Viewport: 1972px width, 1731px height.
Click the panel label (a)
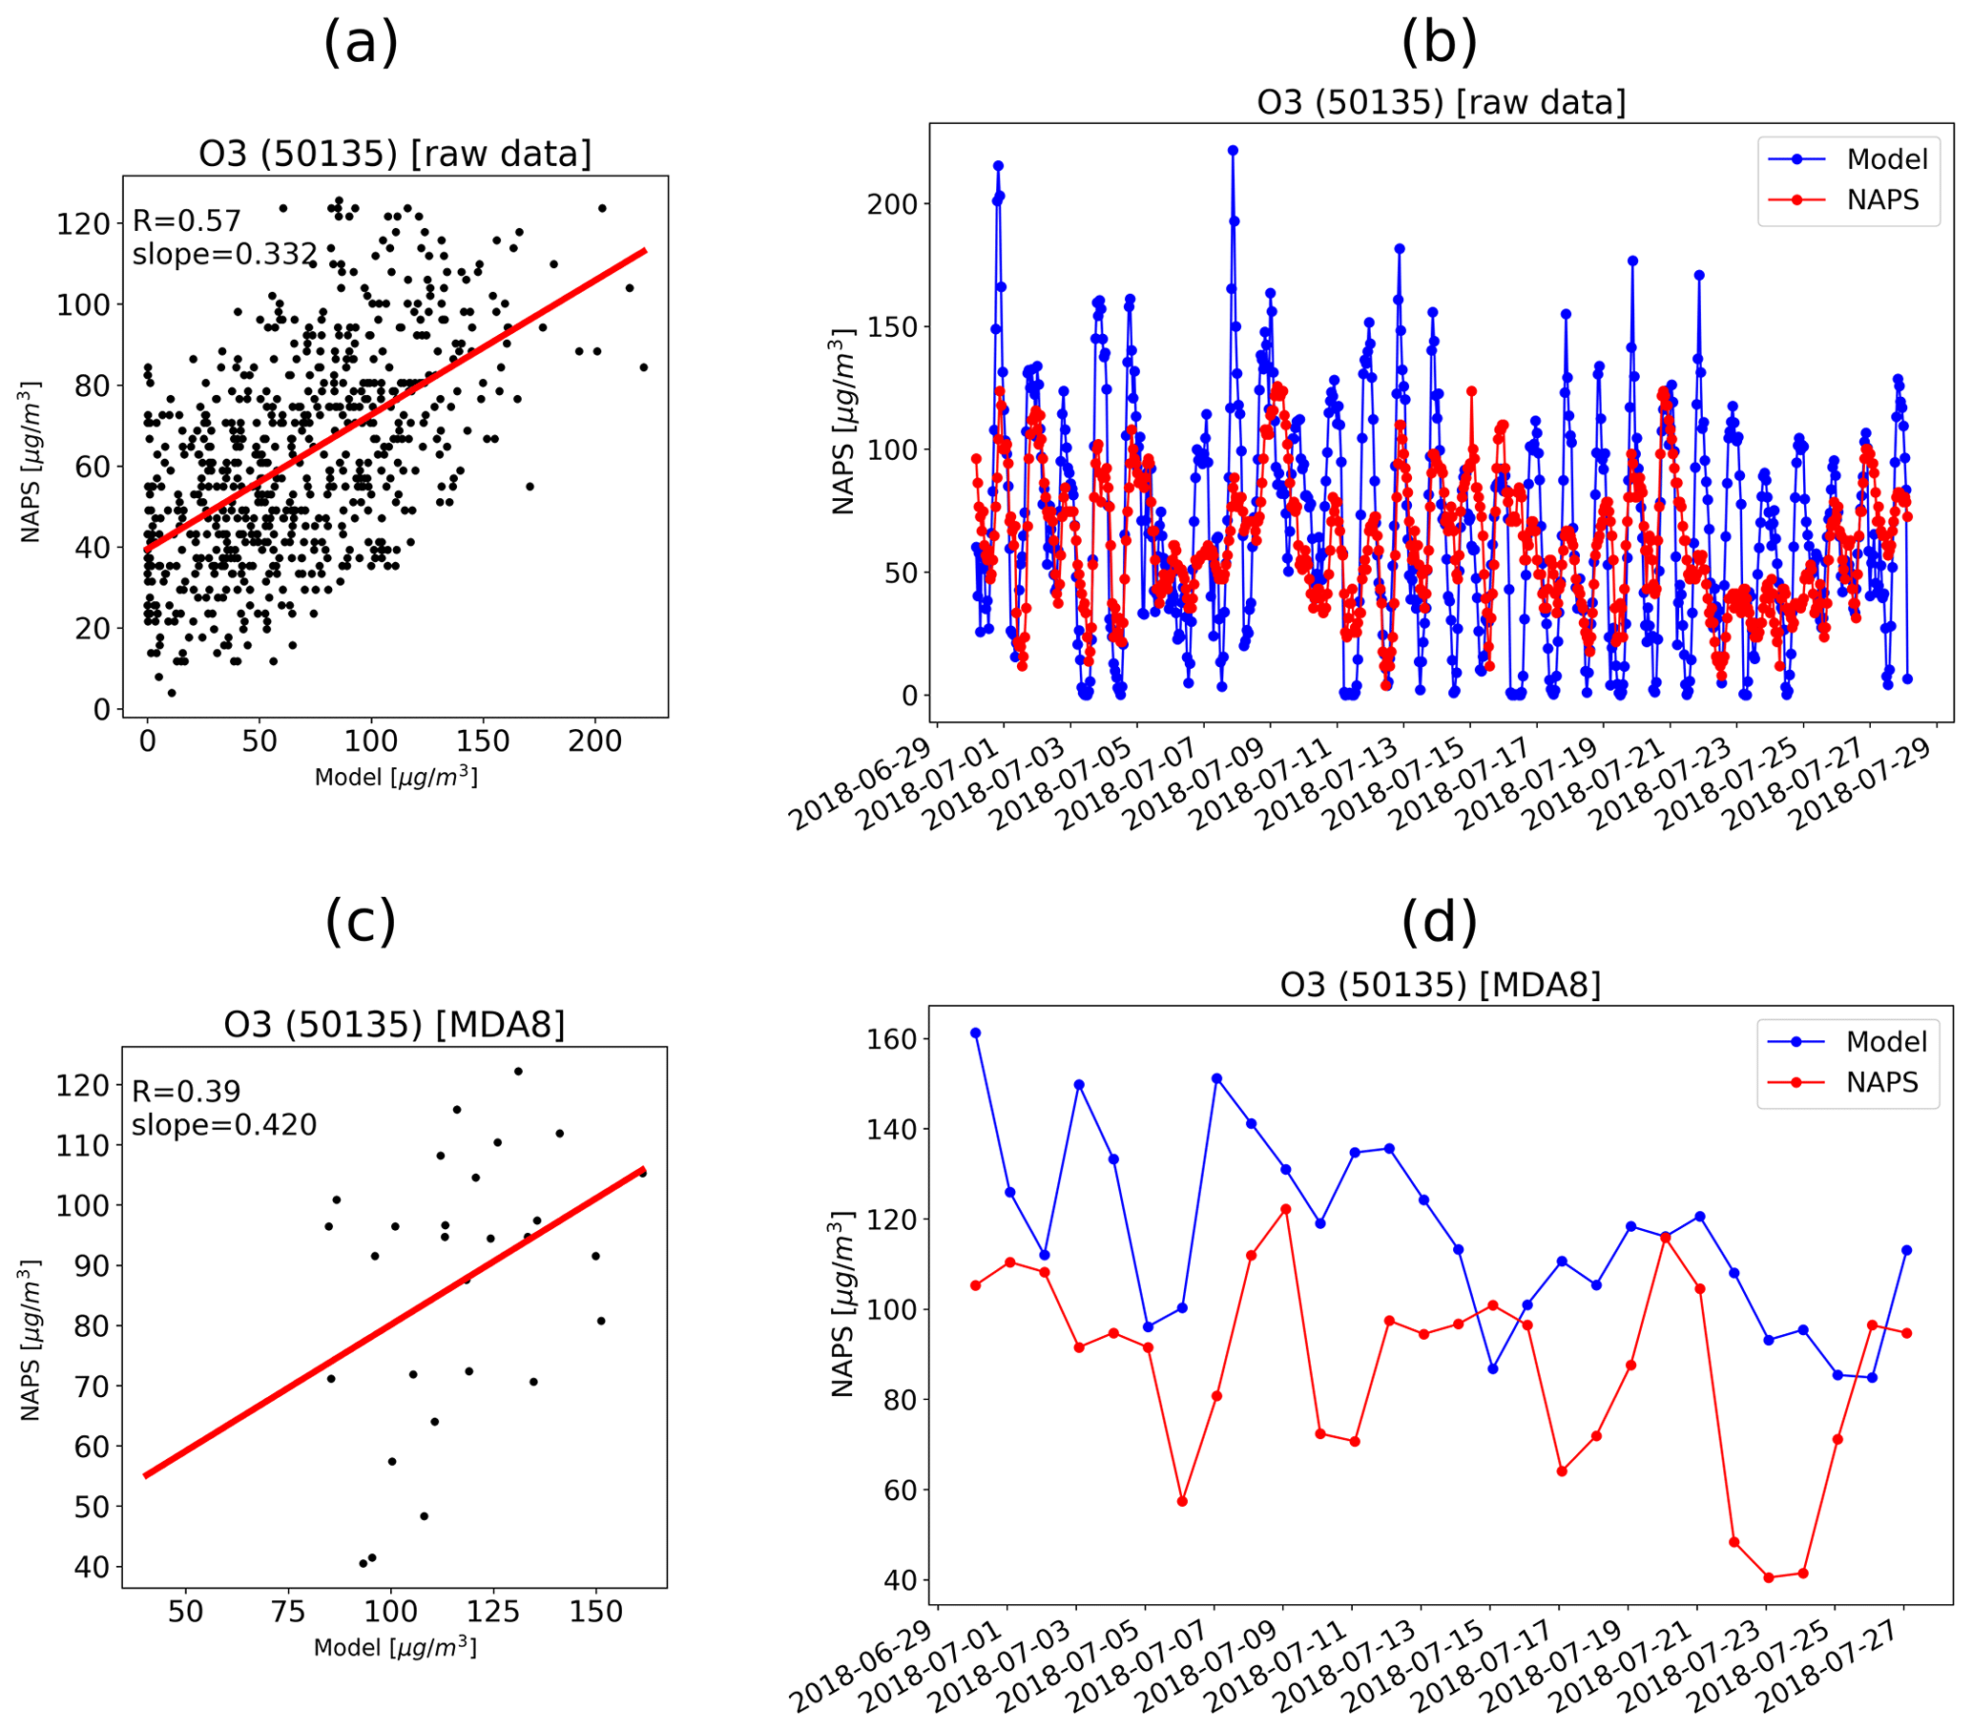[361, 44]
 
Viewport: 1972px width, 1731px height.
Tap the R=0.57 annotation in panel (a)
[186, 221]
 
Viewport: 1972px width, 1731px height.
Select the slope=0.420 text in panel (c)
[224, 1125]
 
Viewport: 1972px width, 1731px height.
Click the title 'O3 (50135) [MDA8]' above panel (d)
[1440, 984]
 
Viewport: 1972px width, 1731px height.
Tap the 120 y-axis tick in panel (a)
[83, 224]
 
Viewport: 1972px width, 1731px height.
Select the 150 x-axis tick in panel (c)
[595, 1613]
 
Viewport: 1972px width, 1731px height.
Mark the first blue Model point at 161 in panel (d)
[975, 1033]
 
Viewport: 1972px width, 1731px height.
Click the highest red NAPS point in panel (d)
[1285, 1209]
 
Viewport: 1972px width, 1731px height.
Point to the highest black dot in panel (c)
[518, 1071]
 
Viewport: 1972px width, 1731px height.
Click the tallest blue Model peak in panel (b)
[1233, 151]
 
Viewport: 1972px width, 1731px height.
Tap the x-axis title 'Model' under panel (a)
[396, 777]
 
